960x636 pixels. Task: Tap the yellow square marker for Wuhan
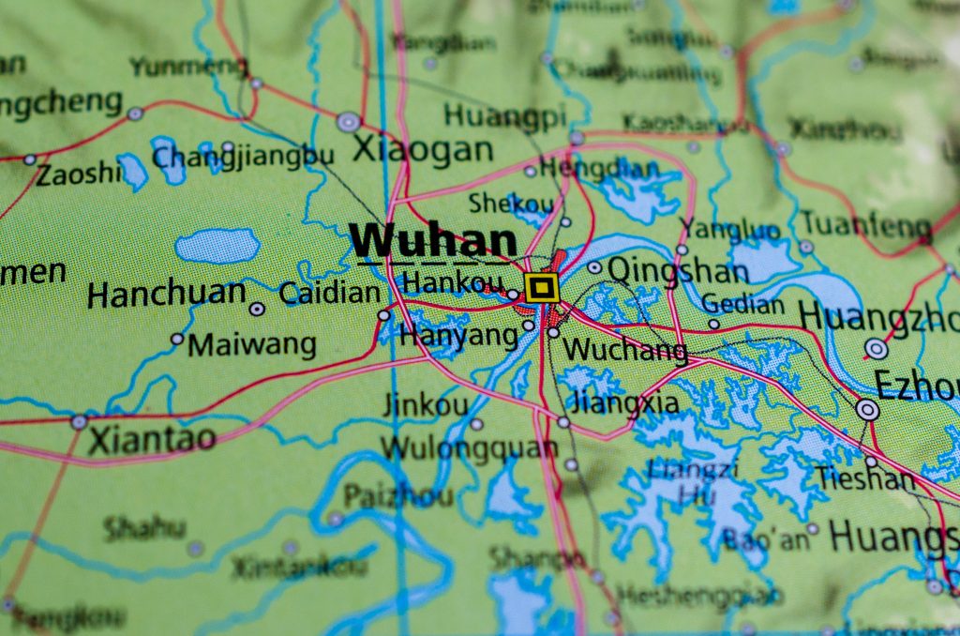[x=542, y=288]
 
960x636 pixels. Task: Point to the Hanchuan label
[x=166, y=295]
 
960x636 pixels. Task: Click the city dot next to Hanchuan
[x=256, y=309]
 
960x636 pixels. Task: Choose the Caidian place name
[x=330, y=293]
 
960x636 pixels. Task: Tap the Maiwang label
[x=251, y=344]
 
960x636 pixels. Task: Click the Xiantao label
[x=152, y=439]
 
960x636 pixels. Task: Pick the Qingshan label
[x=678, y=271]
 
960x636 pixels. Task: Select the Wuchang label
[x=625, y=350]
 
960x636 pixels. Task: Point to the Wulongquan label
[x=469, y=447]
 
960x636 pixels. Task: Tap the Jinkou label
[x=425, y=405]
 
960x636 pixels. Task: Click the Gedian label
[x=742, y=304]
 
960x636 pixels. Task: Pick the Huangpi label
[x=505, y=115]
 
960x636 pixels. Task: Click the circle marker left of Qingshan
[x=594, y=267]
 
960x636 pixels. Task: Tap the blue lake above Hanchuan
[x=217, y=246]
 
